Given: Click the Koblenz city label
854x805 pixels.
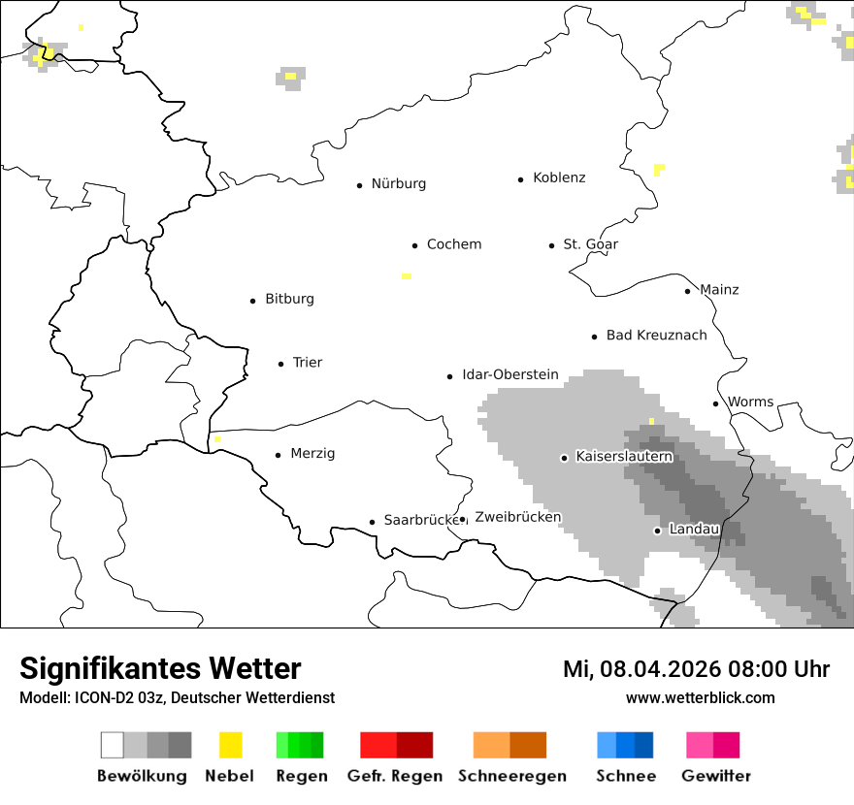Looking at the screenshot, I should tap(559, 177).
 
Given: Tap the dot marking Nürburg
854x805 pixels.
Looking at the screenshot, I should tap(359, 184).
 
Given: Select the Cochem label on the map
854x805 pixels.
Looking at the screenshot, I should tap(454, 244).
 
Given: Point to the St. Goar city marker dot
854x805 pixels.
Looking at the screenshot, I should tap(551, 245).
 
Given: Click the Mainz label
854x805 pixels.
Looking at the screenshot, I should tap(719, 290).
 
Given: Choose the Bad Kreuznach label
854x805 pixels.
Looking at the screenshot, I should tap(656, 336).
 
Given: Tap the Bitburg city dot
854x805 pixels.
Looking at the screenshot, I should tap(252, 301).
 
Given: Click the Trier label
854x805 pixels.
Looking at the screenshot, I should tap(308, 363).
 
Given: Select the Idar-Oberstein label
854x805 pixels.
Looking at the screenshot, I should tap(510, 374).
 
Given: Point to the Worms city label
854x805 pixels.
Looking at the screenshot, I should tap(750, 402).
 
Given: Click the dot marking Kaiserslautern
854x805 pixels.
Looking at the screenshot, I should tap(564, 457).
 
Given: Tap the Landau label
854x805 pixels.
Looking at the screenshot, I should tap(694, 530).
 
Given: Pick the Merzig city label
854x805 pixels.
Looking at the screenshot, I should tap(312, 454).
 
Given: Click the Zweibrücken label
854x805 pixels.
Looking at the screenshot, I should tap(518, 517).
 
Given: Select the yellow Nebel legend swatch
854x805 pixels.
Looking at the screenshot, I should tap(230, 745).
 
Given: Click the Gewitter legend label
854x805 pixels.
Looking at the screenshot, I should tap(715, 776).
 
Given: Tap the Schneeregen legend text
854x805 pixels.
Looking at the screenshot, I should tap(512, 776).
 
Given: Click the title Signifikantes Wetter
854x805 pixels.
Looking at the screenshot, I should tap(160, 669).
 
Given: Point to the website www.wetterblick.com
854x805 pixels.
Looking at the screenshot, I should tap(700, 698).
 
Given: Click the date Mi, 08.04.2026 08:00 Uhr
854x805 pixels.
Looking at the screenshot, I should tap(696, 669).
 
